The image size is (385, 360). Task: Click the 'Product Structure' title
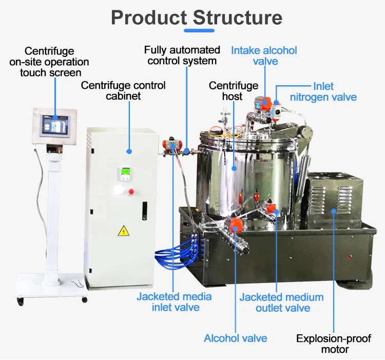197,17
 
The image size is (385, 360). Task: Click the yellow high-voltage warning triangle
123,231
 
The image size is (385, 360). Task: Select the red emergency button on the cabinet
130,192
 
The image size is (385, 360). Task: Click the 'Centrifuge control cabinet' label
123,90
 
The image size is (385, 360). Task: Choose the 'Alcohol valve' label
236,338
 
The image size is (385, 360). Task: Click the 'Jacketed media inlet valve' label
174,302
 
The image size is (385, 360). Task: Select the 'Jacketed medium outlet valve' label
282,302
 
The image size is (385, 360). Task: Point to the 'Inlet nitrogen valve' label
323,91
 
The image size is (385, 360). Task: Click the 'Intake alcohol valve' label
264,55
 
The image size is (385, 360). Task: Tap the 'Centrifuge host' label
233,90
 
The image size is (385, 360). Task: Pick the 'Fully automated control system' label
182,55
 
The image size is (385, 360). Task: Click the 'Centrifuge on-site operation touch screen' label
49,62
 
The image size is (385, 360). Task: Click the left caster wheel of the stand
21,300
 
